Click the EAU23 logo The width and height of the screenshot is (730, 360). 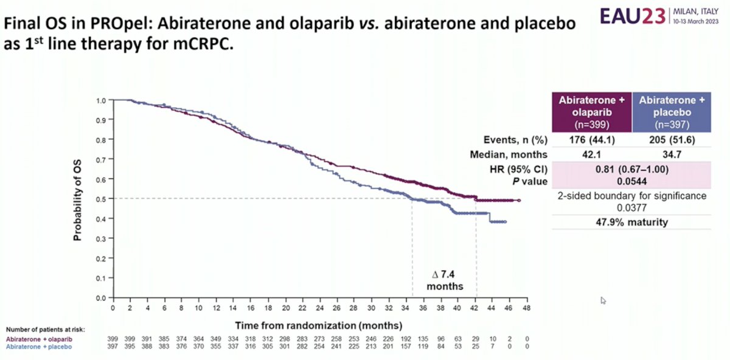pos(633,16)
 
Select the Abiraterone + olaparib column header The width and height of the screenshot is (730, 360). pos(592,112)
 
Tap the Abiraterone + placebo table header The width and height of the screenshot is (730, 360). pos(672,112)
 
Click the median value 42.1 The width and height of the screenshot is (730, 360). pos(591,154)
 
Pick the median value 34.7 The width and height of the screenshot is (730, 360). pos(672,154)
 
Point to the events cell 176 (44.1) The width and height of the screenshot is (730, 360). pos(592,140)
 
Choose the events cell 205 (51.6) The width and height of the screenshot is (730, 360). pos(672,140)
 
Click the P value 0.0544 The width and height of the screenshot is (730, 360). pos(631,181)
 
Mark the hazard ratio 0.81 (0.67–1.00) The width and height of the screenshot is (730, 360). pos(631,170)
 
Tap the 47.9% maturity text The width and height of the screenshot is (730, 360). pos(631,222)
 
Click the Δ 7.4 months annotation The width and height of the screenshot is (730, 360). pos(445,280)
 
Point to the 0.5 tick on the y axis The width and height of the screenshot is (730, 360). pos(101,199)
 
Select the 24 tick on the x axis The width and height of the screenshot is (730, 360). pos(320,308)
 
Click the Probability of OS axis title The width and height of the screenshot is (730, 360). pos(77,200)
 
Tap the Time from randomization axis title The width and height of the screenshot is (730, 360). pos(319,325)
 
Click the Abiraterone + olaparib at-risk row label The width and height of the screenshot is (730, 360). pos(39,339)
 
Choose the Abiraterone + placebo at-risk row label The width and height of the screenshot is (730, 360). pos(39,347)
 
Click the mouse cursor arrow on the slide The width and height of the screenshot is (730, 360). pos(603,300)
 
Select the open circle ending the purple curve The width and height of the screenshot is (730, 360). pos(519,200)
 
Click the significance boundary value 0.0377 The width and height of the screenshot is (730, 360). pos(631,208)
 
